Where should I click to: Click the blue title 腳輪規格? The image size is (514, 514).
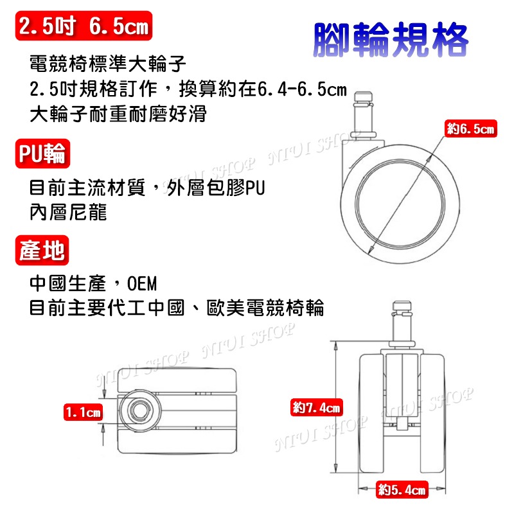click(391, 40)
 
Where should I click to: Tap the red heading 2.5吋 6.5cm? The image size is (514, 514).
click(84, 27)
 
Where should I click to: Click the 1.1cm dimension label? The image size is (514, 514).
click(84, 412)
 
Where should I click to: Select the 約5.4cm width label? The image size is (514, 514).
click(402, 490)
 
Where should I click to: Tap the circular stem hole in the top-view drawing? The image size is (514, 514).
click(137, 409)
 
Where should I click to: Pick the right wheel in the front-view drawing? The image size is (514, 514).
click(435, 411)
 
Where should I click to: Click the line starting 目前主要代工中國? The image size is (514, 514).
click(177, 308)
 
